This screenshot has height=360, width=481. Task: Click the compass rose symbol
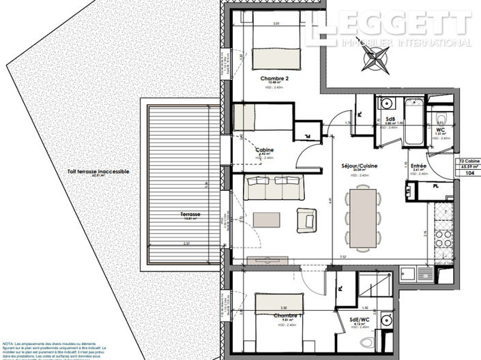(373, 60)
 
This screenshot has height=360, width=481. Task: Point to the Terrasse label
(190, 214)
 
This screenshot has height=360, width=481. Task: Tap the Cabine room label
(265, 151)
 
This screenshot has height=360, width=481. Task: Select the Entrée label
(418, 165)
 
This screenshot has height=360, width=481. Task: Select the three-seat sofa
(267, 187)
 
